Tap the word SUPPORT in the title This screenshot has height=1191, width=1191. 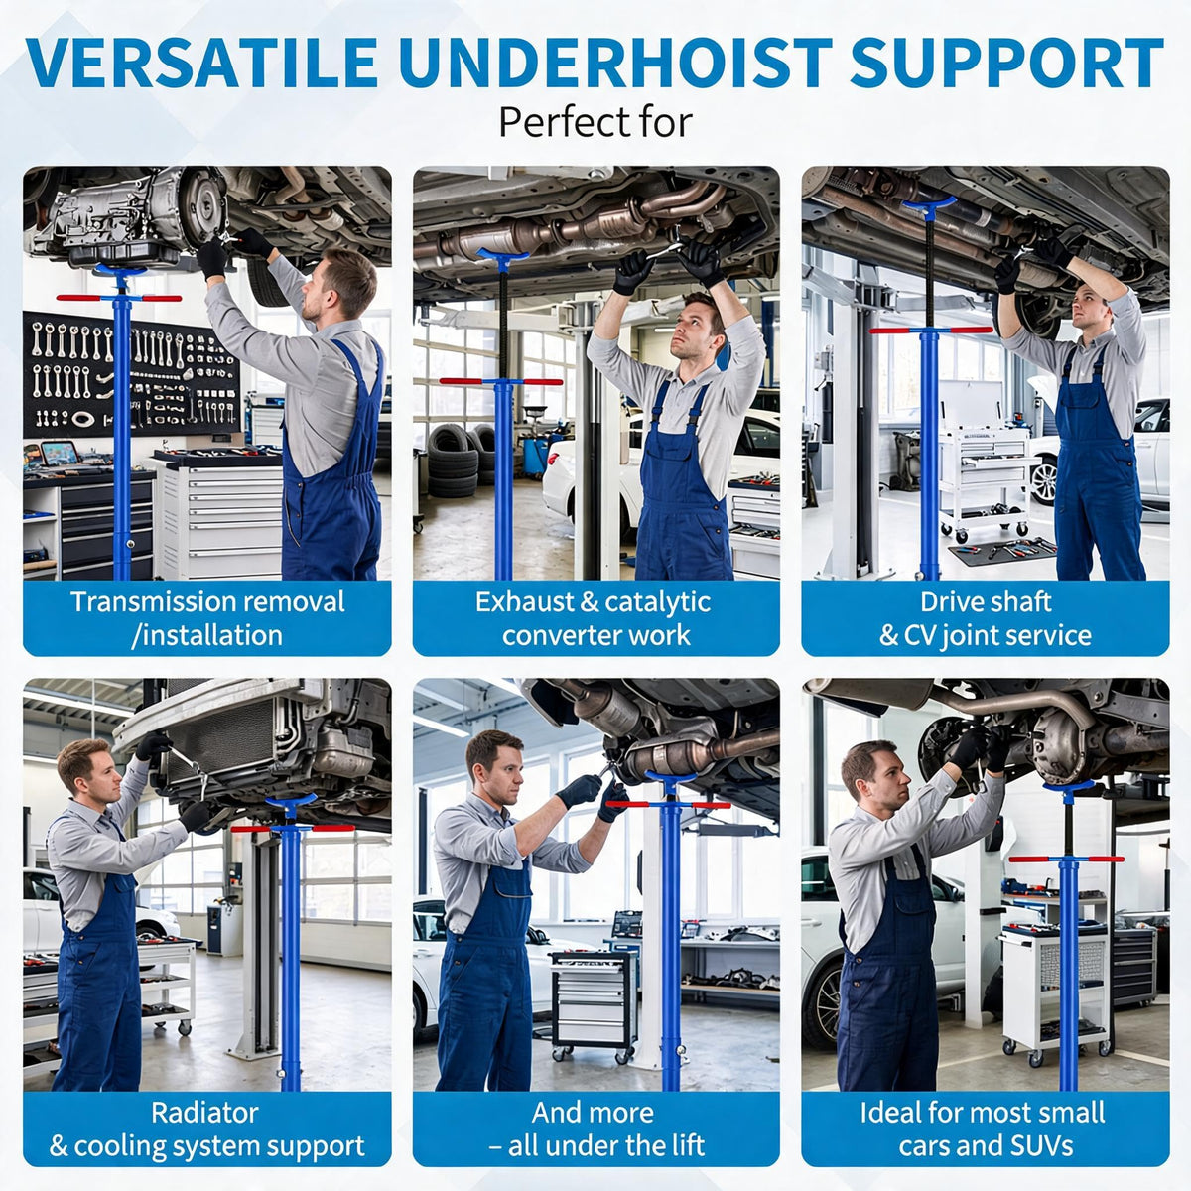pyautogui.click(x=1006, y=64)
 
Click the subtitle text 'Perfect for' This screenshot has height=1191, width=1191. pyautogui.click(x=595, y=122)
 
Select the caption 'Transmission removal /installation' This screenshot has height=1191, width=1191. pyautogui.click(x=207, y=618)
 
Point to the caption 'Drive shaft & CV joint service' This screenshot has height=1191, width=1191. pyautogui.click(x=986, y=618)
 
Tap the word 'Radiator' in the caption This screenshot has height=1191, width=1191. pyautogui.click(x=204, y=1113)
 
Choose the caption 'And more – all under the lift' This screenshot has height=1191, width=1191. pyautogui.click(x=595, y=1129)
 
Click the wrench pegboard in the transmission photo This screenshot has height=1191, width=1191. pyautogui.click(x=131, y=374)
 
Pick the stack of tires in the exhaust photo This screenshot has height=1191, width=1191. pyautogui.click(x=455, y=461)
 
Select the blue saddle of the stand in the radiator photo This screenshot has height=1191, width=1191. pyautogui.click(x=291, y=800)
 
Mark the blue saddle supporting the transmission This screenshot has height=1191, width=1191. pyautogui.click(x=120, y=271)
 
